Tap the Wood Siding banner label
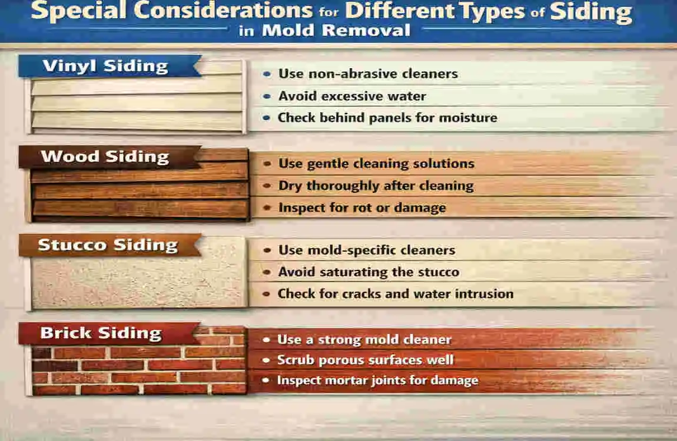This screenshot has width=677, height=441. point(105,157)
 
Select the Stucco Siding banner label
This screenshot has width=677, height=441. point(108,245)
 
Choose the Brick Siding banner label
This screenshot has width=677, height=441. point(101,333)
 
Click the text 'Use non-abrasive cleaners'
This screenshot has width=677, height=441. point(368,74)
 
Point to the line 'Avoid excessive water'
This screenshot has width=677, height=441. point(352,96)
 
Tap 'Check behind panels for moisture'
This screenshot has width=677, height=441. point(387,118)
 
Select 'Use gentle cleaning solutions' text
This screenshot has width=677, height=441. point(376,163)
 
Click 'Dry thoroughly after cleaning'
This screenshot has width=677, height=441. point(376,186)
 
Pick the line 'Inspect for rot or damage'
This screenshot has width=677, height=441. point(362,208)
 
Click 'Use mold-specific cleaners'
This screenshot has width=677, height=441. point(367,250)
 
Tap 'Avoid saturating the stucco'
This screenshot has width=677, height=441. point(369,272)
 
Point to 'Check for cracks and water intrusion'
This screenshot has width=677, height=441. point(396,293)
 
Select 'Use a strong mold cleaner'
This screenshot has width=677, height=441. point(364,339)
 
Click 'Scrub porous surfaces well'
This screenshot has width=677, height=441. point(365,359)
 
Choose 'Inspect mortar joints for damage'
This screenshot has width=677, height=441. point(377,380)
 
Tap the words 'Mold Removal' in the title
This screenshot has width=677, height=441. point(336,31)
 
